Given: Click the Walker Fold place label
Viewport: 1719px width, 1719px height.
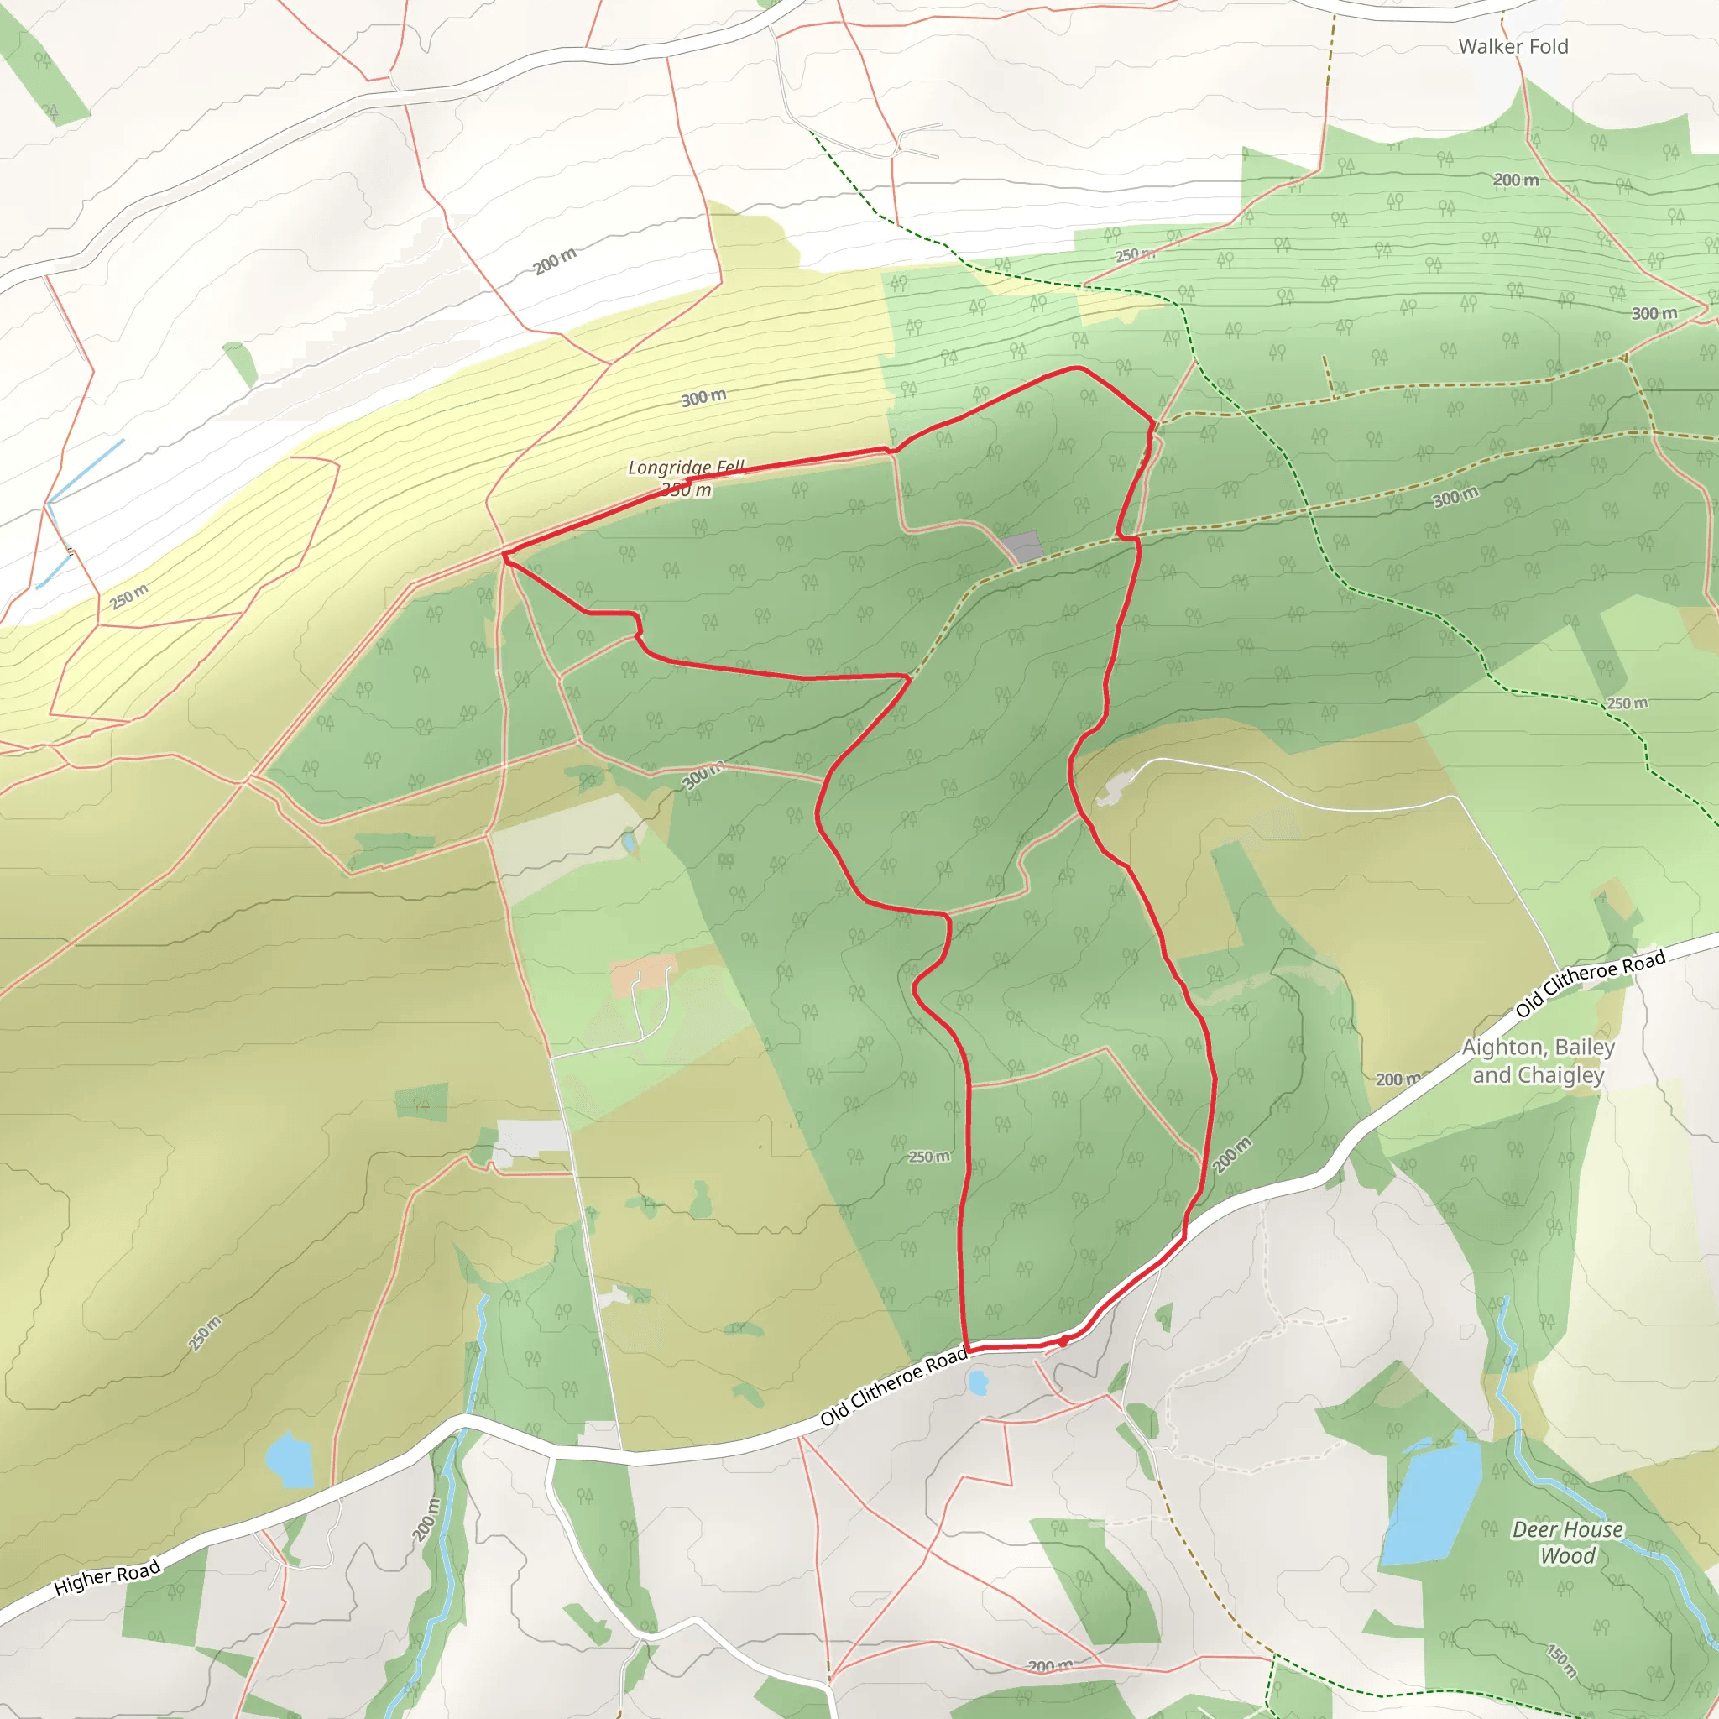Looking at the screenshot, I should click(1513, 46).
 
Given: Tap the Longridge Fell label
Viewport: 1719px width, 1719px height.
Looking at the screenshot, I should click(685, 468).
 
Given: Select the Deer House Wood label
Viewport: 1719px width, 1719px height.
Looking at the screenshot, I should click(1568, 1542).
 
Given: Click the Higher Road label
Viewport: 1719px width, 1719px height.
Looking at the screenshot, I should click(107, 1576).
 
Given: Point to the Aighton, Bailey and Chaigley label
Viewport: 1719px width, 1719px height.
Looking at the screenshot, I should click(1539, 1061).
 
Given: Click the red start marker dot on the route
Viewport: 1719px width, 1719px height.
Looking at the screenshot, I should click(1064, 1340).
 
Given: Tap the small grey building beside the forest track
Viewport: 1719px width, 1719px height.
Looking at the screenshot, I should click(1022, 546).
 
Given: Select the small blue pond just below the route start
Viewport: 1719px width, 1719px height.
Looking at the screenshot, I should click(978, 1382).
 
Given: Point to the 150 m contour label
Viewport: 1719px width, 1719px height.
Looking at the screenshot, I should click(1561, 1660).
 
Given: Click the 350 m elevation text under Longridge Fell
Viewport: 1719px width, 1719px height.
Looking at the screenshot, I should click(687, 490).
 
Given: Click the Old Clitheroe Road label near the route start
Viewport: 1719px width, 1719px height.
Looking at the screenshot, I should click(893, 1387).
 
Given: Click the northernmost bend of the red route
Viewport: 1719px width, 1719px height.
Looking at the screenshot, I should click(1077, 367).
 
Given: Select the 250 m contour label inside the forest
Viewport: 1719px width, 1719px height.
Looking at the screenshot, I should click(929, 1157).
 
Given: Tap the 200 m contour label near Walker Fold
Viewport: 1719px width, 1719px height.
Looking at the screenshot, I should click(1515, 180).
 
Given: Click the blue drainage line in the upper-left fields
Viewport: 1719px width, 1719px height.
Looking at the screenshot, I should click(86, 471).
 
